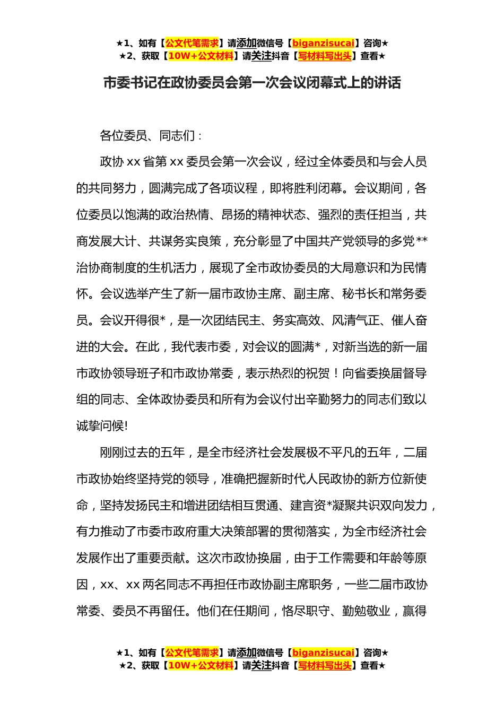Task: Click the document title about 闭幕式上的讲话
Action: (x=252, y=83)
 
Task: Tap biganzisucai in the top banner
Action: (x=323, y=43)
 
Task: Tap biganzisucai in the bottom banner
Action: (x=323, y=653)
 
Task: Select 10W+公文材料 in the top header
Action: (x=201, y=56)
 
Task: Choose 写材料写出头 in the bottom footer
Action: (x=325, y=665)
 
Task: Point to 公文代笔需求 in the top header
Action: (x=192, y=43)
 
